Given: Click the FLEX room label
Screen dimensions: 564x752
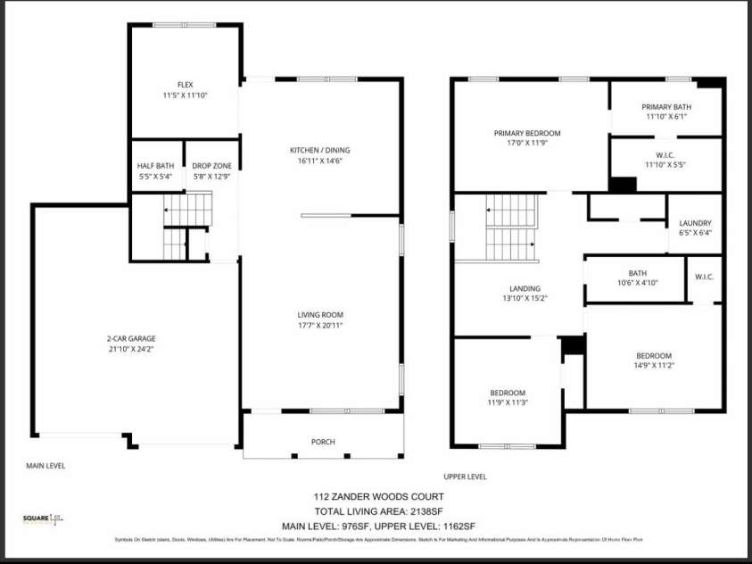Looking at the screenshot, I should click(186, 85).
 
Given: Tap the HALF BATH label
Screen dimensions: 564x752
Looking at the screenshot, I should click(155, 166).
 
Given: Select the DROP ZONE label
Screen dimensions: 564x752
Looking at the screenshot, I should click(211, 166).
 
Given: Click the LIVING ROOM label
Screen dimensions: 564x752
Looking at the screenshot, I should click(320, 314).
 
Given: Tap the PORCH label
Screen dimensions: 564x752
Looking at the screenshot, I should click(323, 442).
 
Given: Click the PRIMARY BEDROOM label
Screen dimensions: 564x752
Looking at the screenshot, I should click(527, 133).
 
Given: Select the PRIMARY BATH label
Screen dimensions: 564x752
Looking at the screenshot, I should click(666, 106).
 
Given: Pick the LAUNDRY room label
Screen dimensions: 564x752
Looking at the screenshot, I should click(695, 223).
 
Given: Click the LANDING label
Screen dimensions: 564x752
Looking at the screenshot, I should click(525, 288).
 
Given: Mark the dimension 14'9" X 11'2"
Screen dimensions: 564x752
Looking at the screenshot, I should click(653, 365).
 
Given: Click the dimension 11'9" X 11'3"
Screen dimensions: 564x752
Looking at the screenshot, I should click(507, 402).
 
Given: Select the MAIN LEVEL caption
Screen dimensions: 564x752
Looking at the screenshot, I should click(45, 465).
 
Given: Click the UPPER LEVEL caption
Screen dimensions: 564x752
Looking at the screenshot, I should click(465, 477).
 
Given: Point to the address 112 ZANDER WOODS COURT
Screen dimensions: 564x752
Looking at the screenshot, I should click(378, 496).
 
